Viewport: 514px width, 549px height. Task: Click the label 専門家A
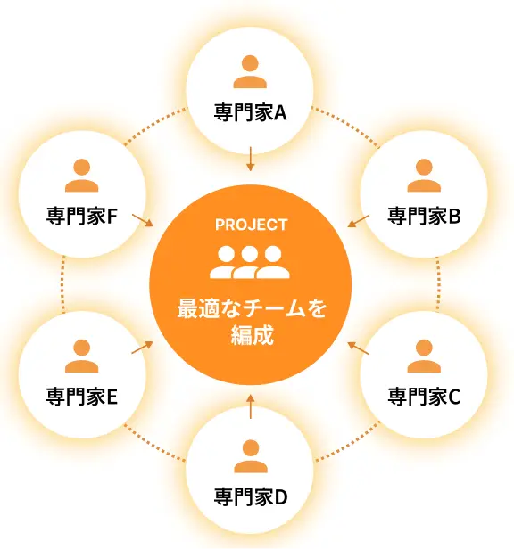pyautogui.click(x=250, y=112)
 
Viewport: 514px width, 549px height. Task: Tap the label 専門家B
pyautogui.click(x=424, y=216)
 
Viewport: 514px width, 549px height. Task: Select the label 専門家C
pyautogui.click(x=424, y=397)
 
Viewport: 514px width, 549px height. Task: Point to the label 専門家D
pyautogui.click(x=251, y=496)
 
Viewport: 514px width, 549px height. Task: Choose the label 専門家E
pyautogui.click(x=82, y=397)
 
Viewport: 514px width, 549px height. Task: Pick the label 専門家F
pyautogui.click(x=82, y=216)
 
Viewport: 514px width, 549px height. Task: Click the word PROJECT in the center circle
pyautogui.click(x=251, y=225)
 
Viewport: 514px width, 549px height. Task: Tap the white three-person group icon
pyautogui.click(x=250, y=262)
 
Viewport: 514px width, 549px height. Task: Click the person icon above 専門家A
pyautogui.click(x=250, y=71)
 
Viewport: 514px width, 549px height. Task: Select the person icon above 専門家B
pyautogui.click(x=424, y=175)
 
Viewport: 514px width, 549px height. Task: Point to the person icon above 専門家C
pyautogui.click(x=424, y=356)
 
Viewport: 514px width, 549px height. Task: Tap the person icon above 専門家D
pyautogui.click(x=251, y=456)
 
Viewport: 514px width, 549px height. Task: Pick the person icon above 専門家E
pyautogui.click(x=82, y=356)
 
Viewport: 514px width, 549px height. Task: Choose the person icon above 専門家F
pyautogui.click(x=82, y=175)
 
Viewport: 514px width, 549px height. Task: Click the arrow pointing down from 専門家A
pyautogui.click(x=250, y=159)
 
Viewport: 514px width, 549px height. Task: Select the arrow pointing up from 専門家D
pyautogui.click(x=250, y=406)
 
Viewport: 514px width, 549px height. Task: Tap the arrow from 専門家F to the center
pyautogui.click(x=143, y=220)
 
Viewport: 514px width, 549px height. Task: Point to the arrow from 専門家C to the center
pyautogui.click(x=359, y=348)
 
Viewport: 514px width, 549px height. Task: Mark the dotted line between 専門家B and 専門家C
pyautogui.click(x=438, y=284)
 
